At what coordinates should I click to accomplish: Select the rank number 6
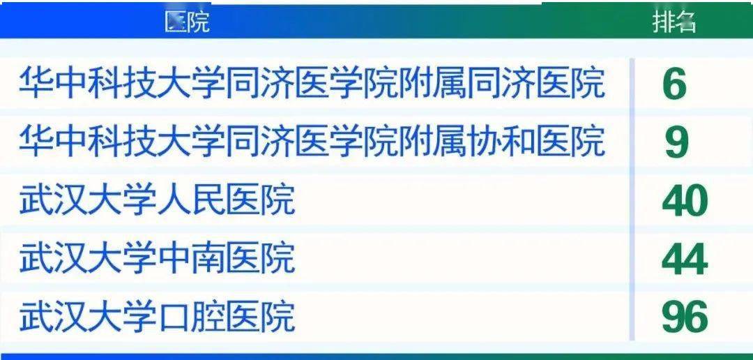click(x=674, y=85)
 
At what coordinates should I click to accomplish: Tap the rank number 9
click(x=676, y=142)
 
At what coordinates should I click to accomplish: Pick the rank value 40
click(x=684, y=202)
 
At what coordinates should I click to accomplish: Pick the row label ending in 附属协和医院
click(x=312, y=142)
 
